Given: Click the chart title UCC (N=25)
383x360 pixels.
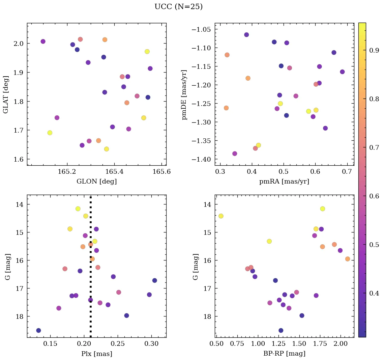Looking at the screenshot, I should [178, 7].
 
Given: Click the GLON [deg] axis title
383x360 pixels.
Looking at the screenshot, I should [96, 182].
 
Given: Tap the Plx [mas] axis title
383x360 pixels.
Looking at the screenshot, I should [96, 354].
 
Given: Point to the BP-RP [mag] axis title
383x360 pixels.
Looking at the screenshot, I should [284, 354].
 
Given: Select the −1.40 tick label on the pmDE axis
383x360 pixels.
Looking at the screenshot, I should [203, 159].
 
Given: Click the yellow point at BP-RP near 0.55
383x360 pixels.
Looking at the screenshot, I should [221, 216].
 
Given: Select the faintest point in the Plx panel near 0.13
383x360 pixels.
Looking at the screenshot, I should [38, 330].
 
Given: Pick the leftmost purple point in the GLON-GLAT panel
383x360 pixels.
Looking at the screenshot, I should [43, 41].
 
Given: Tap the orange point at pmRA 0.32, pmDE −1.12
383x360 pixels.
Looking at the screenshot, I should [227, 55].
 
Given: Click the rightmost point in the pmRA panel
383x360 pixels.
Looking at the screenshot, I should [342, 72].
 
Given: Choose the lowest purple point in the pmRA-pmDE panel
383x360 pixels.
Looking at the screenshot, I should [235, 154].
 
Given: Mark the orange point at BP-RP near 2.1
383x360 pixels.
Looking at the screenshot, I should [348, 259].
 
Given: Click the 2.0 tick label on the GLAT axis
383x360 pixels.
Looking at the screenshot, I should [19, 44].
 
